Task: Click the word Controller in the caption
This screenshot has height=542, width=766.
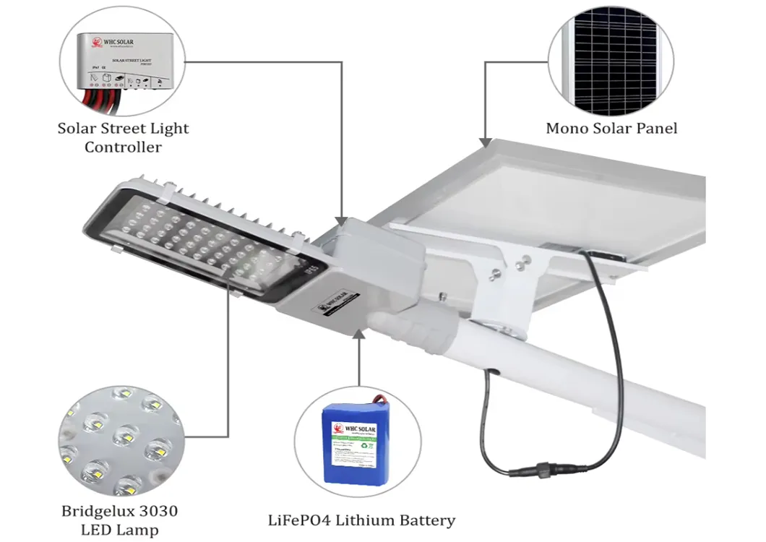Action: (123, 147)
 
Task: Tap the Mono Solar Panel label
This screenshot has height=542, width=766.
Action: (611, 129)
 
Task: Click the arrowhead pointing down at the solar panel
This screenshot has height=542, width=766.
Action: (485, 137)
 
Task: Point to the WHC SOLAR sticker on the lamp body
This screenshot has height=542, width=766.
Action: (337, 298)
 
